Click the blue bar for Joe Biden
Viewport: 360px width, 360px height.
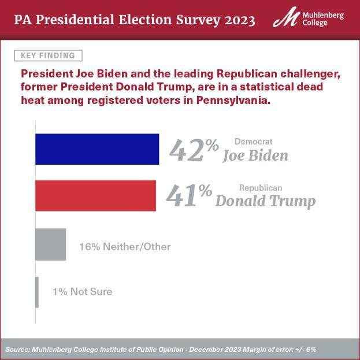[x=97, y=149]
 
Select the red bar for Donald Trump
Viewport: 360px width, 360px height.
[x=95, y=195]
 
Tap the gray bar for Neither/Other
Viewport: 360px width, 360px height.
[x=51, y=244]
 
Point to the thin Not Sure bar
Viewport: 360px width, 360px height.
[x=37, y=292]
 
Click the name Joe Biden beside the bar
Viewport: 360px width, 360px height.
[x=255, y=156]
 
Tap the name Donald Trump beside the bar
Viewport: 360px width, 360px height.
[x=265, y=201]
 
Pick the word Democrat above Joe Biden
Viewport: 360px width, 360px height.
[x=253, y=142]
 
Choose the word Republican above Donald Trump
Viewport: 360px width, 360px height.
[x=261, y=187]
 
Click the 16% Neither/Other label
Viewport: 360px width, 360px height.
[x=125, y=247]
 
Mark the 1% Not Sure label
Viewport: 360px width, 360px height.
[x=82, y=292]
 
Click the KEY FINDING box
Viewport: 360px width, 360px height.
[x=48, y=55]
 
